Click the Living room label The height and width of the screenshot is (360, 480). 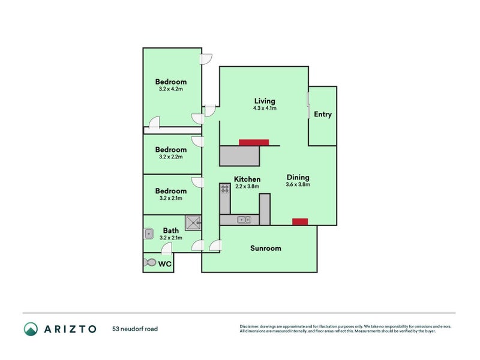(x=264, y=101)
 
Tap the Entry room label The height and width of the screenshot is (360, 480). (x=323, y=115)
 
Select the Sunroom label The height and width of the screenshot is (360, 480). (x=265, y=248)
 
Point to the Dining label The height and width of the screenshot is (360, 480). (x=298, y=177)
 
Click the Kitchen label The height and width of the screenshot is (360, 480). (x=247, y=179)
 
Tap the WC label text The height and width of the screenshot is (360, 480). (x=165, y=263)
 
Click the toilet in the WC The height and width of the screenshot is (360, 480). (x=150, y=263)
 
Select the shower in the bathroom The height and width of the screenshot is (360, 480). (x=193, y=223)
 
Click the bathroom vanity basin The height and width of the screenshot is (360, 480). (x=149, y=233)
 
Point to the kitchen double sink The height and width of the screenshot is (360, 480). (x=244, y=220)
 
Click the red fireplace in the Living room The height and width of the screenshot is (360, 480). (x=254, y=142)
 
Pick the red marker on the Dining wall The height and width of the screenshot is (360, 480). (x=299, y=221)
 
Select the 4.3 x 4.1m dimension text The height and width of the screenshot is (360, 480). (x=264, y=109)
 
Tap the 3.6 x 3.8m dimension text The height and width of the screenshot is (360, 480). (x=298, y=185)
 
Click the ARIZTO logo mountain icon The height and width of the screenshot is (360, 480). (x=31, y=328)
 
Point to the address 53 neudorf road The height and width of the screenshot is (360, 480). (x=135, y=329)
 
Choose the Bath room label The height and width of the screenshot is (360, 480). (x=171, y=230)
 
